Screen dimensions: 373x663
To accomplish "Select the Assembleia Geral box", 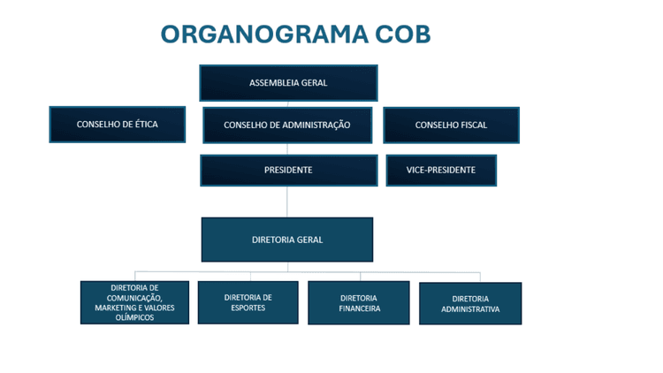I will tap(288, 83).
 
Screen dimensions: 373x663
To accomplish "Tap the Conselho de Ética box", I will tap(118, 125).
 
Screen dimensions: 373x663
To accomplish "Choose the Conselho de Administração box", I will tap(287, 126).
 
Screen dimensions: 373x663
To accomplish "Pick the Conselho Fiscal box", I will tap(451, 126).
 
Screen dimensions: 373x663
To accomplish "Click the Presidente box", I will tap(288, 170).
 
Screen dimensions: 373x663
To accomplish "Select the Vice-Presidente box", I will tap(441, 170).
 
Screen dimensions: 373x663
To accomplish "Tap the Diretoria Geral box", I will tap(287, 240).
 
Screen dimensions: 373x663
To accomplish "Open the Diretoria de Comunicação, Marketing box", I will tap(134, 302).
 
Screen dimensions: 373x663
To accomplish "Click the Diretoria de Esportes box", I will tap(248, 302).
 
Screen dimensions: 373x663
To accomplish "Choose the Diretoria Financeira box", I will tap(359, 303).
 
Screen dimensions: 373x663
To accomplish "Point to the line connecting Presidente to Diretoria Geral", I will tap(287, 202).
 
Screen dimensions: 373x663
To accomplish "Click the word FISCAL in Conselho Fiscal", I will tap(469, 126).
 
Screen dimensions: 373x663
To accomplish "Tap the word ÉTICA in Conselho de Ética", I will tap(142, 125).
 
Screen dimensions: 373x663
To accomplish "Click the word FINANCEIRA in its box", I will tap(359, 309).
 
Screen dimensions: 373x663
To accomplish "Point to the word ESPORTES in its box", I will tap(248, 308).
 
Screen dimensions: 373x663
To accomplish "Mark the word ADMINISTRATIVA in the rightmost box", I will tap(470, 310).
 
